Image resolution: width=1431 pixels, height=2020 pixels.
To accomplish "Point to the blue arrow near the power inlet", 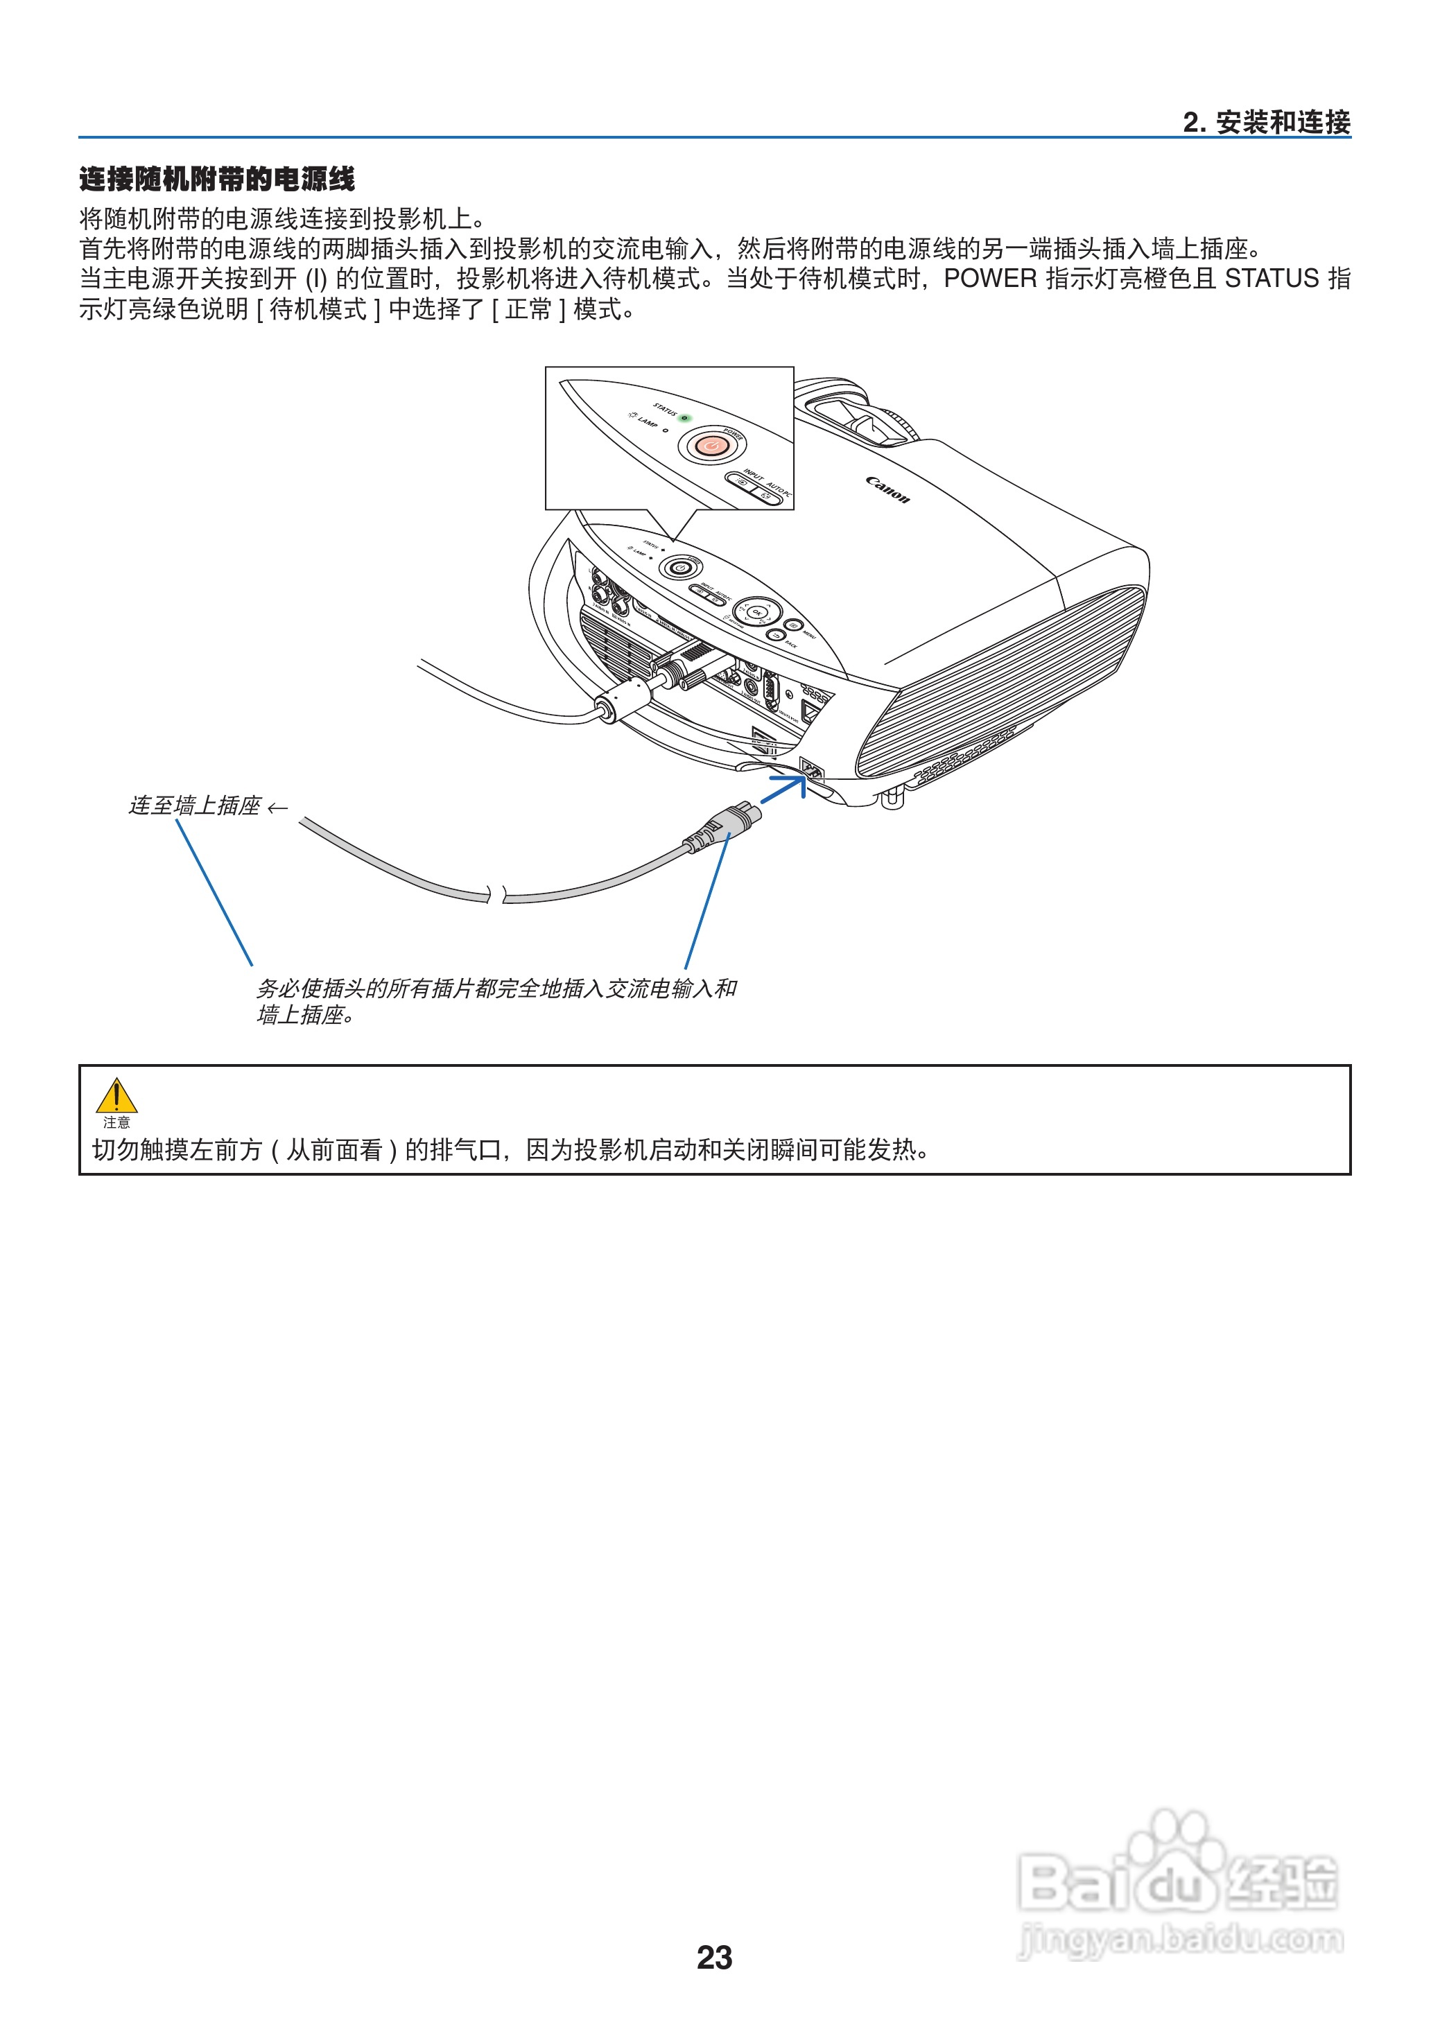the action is click(x=783, y=787).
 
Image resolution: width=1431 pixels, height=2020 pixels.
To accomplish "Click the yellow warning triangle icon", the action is click(x=116, y=1096).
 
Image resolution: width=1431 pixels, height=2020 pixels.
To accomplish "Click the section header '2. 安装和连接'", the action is click(x=1265, y=123).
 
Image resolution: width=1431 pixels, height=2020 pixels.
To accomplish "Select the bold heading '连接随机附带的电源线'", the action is click(x=217, y=179).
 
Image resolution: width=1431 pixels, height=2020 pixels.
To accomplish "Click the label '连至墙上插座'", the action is click(x=196, y=806).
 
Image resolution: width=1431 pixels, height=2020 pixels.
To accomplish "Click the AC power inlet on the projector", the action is click(x=810, y=769).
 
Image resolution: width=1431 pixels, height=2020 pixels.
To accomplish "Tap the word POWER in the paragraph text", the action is click(x=989, y=279).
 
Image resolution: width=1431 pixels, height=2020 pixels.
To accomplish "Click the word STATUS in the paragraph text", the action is click(x=1271, y=279).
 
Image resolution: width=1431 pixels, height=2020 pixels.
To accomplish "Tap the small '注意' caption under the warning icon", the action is click(x=116, y=1122).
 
